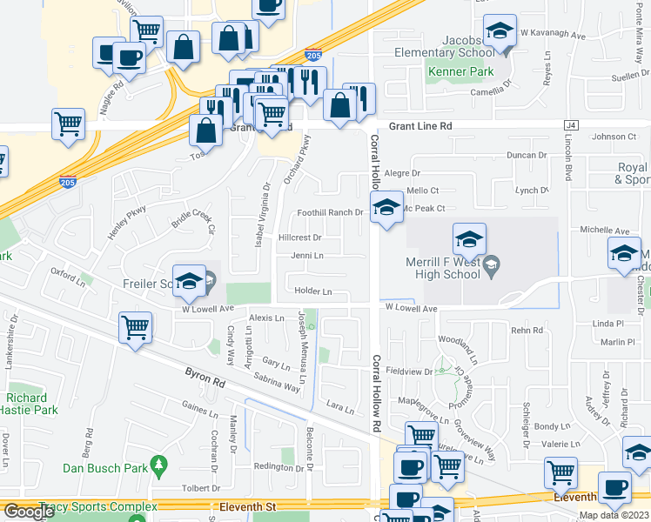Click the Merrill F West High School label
point(443,268)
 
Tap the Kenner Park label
point(460,71)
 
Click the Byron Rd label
point(205,376)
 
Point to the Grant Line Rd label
point(421,126)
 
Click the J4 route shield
point(571,126)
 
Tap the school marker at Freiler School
point(188,280)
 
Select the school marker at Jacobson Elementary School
point(500,30)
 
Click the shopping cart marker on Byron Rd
point(135,328)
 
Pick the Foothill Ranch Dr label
point(330,212)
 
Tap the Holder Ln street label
point(313,291)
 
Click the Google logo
point(29,511)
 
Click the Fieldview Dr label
point(409,371)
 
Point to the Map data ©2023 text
point(614,515)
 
